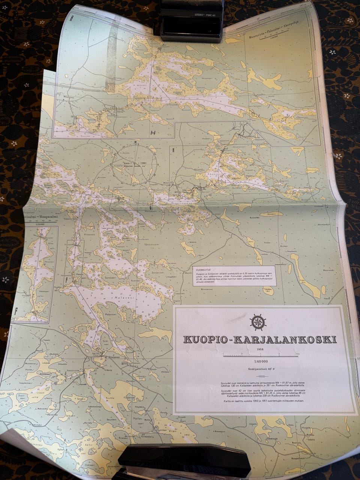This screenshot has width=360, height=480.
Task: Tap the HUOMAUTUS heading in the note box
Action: pyautogui.click(x=202, y=269)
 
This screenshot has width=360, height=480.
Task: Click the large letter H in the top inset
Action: pyautogui.click(x=153, y=133)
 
